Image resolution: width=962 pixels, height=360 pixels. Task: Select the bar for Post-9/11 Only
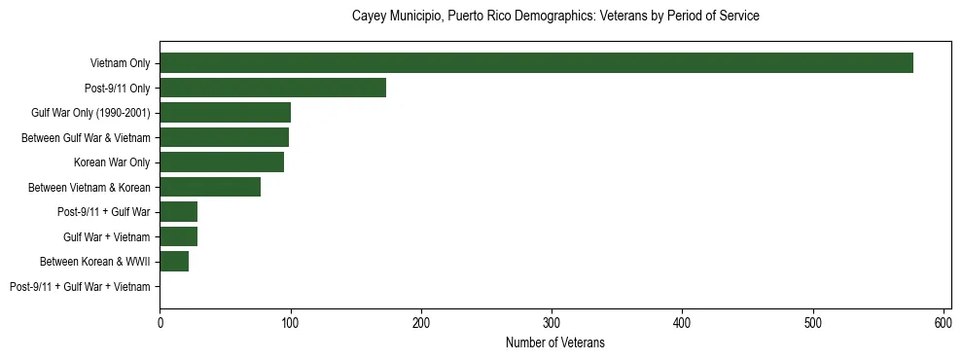(x=272, y=88)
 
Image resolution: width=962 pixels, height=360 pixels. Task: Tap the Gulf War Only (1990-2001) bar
(x=225, y=113)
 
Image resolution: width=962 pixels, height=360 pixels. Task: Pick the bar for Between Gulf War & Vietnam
(x=224, y=137)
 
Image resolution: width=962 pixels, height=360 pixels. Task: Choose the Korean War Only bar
(x=222, y=162)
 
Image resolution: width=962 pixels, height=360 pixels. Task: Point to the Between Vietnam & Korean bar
(x=210, y=187)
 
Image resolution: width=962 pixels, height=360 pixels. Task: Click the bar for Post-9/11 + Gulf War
(x=178, y=212)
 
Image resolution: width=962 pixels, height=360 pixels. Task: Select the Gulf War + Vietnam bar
(x=178, y=236)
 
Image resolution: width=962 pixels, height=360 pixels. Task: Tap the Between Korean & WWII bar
(x=174, y=262)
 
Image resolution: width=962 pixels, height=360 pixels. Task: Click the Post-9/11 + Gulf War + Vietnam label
(x=80, y=287)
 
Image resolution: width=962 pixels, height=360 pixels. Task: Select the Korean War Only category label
(x=112, y=162)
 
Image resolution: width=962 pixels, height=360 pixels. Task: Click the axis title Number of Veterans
(x=554, y=342)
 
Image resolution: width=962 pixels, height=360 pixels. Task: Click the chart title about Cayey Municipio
(x=554, y=17)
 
